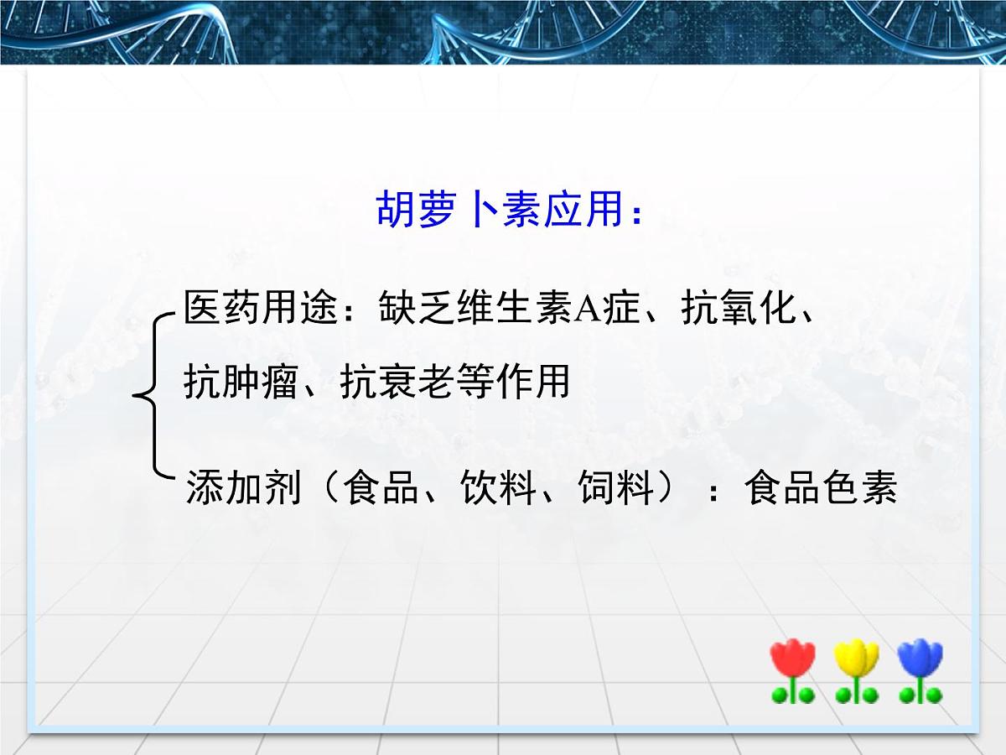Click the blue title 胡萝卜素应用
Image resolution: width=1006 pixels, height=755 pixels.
(x=500, y=210)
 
